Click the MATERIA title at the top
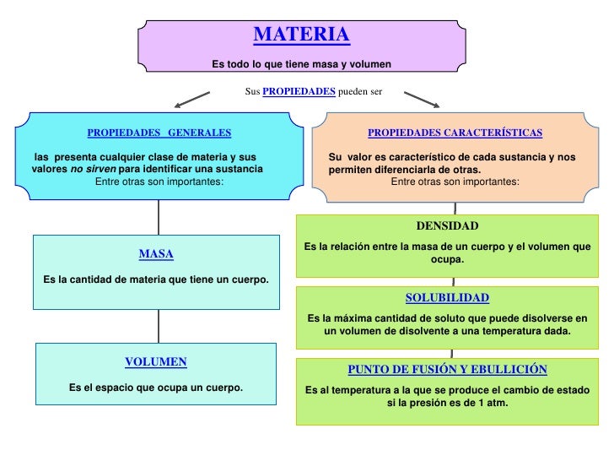(301, 35)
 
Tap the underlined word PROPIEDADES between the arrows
(299, 91)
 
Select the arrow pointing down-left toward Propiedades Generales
(191, 99)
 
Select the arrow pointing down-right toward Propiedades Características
(423, 99)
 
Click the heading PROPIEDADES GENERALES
(159, 133)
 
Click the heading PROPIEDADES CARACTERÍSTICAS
(455, 133)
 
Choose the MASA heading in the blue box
(156, 253)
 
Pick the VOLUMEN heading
(156, 361)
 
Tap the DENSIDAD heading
(447, 226)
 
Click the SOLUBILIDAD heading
(447, 298)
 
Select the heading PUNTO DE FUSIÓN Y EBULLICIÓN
(447, 370)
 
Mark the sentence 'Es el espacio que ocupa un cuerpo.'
(156, 388)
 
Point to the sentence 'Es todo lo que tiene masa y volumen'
(301, 64)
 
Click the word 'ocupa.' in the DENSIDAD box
(447, 259)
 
